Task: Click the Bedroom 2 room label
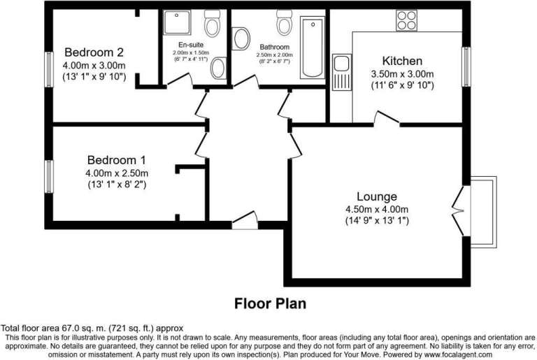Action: click(94, 52)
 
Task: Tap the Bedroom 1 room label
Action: click(117, 160)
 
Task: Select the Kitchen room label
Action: click(402, 61)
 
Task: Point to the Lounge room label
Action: click(377, 196)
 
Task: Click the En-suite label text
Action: click(191, 45)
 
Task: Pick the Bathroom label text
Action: click(274, 47)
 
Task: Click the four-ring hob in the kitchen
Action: click(406, 20)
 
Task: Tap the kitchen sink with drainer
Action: click(341, 72)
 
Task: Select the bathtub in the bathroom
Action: click(313, 48)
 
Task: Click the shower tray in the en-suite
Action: click(177, 22)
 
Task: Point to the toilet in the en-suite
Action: click(212, 23)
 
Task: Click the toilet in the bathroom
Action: click(285, 23)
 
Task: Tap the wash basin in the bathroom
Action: click(241, 38)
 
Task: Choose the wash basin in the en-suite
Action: click(218, 68)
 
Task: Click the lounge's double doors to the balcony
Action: click(458, 210)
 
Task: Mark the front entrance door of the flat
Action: click(245, 221)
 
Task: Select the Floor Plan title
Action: click(270, 304)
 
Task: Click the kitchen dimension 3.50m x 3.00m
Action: click(403, 74)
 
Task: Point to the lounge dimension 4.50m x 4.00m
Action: click(377, 209)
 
